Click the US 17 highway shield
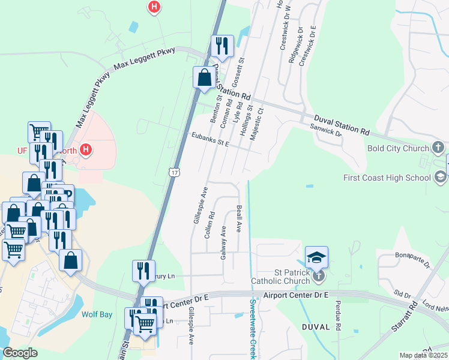(174, 172)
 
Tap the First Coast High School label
(387, 178)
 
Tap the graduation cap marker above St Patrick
(317, 258)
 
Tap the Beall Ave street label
(240, 218)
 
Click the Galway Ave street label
(223, 242)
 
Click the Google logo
(20, 353)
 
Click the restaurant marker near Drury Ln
(144, 271)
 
